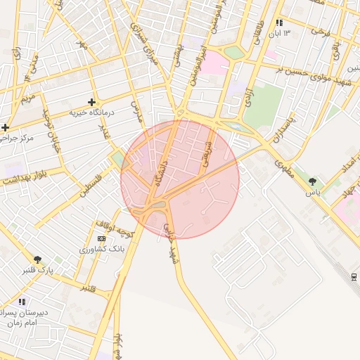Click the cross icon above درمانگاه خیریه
(91, 103)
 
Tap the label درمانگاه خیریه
(91, 112)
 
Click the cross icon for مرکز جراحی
(6, 127)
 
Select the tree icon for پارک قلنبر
(37, 259)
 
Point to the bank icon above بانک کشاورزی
(102, 239)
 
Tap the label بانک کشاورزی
(102, 249)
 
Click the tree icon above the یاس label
(312, 181)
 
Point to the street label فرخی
(321, 32)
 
